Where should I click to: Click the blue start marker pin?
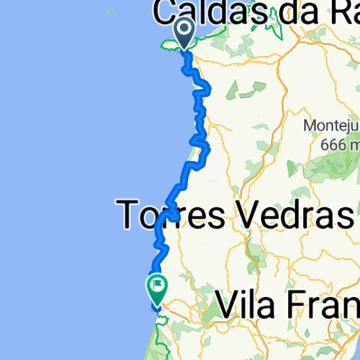(184, 33)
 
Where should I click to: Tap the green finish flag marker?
(156, 288)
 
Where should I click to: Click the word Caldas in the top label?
(203, 13)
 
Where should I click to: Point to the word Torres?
(172, 216)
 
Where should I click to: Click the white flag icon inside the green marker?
(157, 286)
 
